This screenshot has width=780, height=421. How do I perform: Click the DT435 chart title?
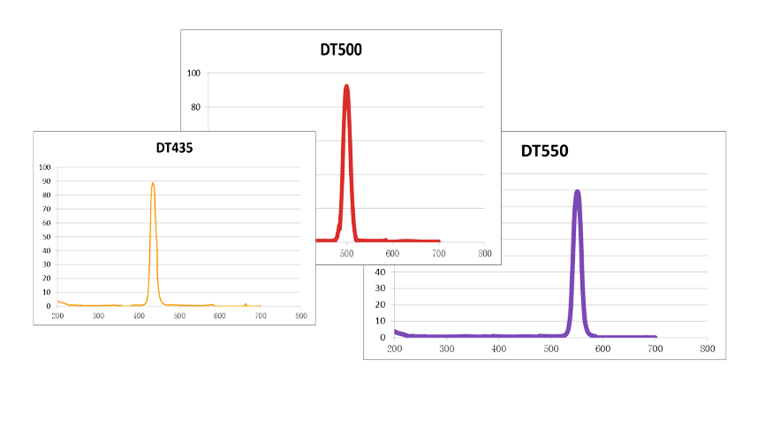[169, 148]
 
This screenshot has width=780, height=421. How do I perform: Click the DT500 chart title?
[341, 50]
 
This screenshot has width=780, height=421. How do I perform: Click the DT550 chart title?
[544, 150]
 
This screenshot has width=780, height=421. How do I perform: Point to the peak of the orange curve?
[153, 184]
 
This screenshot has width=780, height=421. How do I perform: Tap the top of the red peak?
[346, 86]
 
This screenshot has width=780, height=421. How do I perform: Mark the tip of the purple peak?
[577, 191]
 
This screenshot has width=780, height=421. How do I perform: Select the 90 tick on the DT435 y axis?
[46, 181]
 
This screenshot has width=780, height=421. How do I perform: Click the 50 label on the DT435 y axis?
[46, 237]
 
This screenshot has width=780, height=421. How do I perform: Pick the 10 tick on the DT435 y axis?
[46, 293]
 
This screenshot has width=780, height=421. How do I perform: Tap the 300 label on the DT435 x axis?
[98, 316]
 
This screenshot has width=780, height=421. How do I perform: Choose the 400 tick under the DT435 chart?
[139, 316]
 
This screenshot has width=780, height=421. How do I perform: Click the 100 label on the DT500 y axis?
[193, 73]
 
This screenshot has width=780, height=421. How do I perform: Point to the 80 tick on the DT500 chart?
[195, 107]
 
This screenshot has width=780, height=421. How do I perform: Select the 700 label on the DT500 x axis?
[439, 253]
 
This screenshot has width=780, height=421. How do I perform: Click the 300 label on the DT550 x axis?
[446, 349]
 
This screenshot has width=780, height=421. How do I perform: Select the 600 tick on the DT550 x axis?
[602, 349]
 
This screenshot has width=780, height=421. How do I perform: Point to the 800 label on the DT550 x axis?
[707, 349]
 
